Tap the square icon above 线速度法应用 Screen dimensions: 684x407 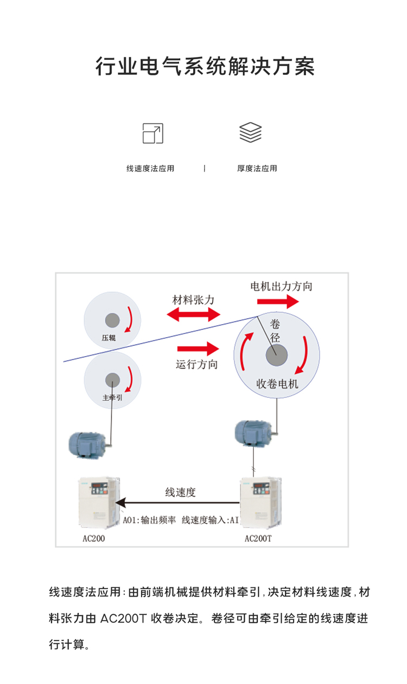pos(152,133)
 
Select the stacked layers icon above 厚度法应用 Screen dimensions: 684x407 pos(250,132)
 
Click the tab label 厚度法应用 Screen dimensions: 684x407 pos(257,168)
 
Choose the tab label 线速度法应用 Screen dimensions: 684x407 pos(150,168)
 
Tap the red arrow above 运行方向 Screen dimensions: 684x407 pos(198,348)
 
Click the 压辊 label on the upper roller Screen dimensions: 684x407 pos(109,337)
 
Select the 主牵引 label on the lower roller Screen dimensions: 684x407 pos(112,397)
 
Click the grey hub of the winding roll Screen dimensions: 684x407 pos(277,356)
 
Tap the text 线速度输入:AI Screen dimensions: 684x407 pos(210,520)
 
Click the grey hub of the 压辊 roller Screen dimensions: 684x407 pos(112,320)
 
